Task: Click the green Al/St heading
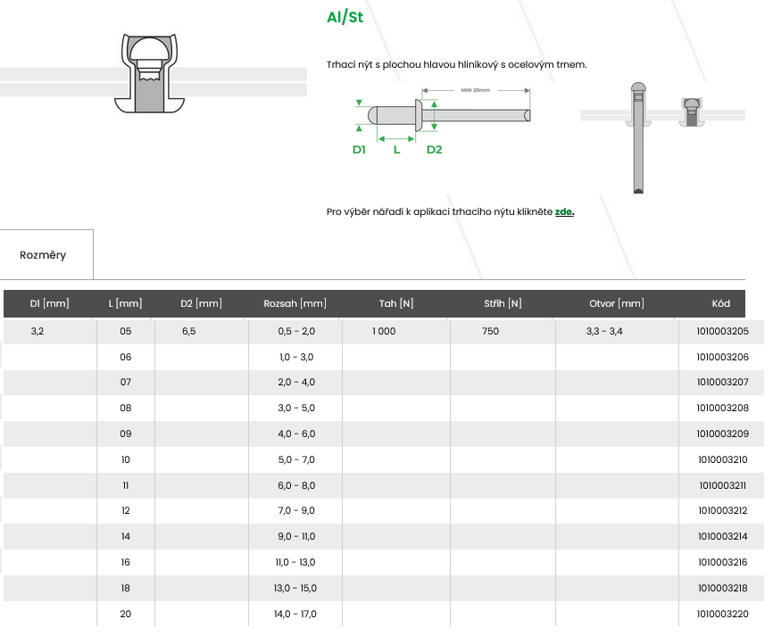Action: coord(345,18)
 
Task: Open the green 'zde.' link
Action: coord(564,211)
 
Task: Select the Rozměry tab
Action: coord(43,255)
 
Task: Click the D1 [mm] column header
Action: coord(49,303)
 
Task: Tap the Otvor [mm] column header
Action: coord(616,303)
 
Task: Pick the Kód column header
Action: coord(721,303)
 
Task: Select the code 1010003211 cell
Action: coord(722,485)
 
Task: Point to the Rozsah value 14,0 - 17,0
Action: coord(297,614)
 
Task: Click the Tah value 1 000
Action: coord(384,331)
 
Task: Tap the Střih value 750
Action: coord(490,331)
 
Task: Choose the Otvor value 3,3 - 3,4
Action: coord(604,331)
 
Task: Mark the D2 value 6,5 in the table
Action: coord(189,331)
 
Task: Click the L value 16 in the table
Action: coord(125,562)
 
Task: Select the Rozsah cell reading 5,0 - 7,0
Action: coord(297,459)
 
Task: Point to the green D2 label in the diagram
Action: coord(434,150)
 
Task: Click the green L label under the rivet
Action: coord(396,150)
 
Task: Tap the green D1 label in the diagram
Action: coord(359,150)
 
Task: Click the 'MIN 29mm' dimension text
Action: coord(476,90)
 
